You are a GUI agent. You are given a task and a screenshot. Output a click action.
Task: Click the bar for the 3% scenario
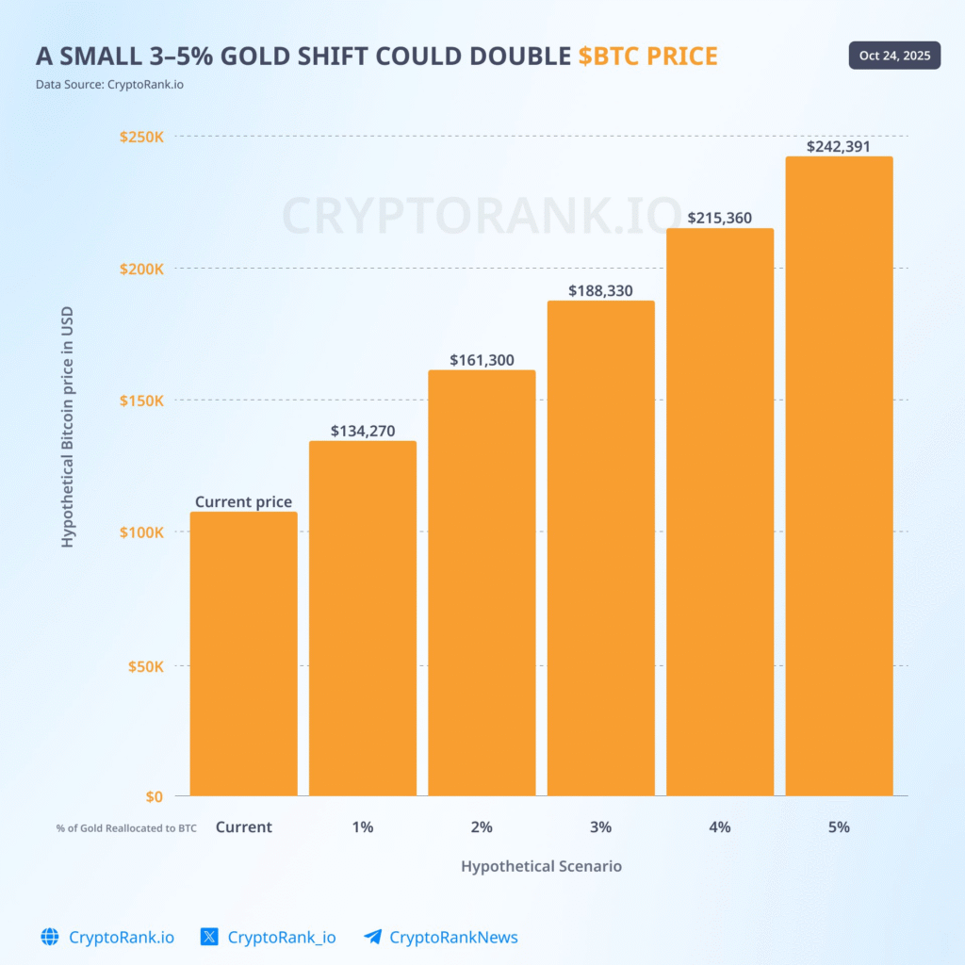[x=600, y=548]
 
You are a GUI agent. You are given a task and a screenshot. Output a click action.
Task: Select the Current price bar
[x=243, y=654]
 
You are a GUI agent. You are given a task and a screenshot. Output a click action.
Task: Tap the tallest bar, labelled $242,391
[x=839, y=476]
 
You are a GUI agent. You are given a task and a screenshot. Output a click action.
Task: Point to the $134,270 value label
[x=362, y=432]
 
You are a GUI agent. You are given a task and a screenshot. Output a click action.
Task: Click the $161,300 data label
[x=482, y=360]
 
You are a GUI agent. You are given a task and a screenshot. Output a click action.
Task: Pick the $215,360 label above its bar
[x=720, y=218]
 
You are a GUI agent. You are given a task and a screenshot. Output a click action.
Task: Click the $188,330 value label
[x=600, y=290]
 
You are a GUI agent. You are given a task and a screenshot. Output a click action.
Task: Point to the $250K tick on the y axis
[x=141, y=137]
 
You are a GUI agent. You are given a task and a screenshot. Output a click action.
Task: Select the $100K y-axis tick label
[x=141, y=532]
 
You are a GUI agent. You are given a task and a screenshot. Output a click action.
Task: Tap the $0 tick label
[x=154, y=796]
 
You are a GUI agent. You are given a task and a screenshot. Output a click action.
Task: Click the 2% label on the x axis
[x=482, y=826]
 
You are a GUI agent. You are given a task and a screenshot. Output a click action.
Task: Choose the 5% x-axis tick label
[x=839, y=826]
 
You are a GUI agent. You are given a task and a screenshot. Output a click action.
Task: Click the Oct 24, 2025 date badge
[x=894, y=56]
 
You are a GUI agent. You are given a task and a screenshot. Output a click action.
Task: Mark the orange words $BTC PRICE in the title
[x=647, y=57]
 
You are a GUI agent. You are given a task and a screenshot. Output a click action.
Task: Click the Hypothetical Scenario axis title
[x=541, y=865]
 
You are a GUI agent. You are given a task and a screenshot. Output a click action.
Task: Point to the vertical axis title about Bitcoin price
[x=67, y=427]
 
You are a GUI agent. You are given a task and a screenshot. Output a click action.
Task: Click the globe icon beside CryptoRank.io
[x=50, y=937]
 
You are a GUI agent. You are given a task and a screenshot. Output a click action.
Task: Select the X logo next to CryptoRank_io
[x=210, y=937]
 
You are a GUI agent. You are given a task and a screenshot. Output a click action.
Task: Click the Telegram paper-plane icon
[x=373, y=937]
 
